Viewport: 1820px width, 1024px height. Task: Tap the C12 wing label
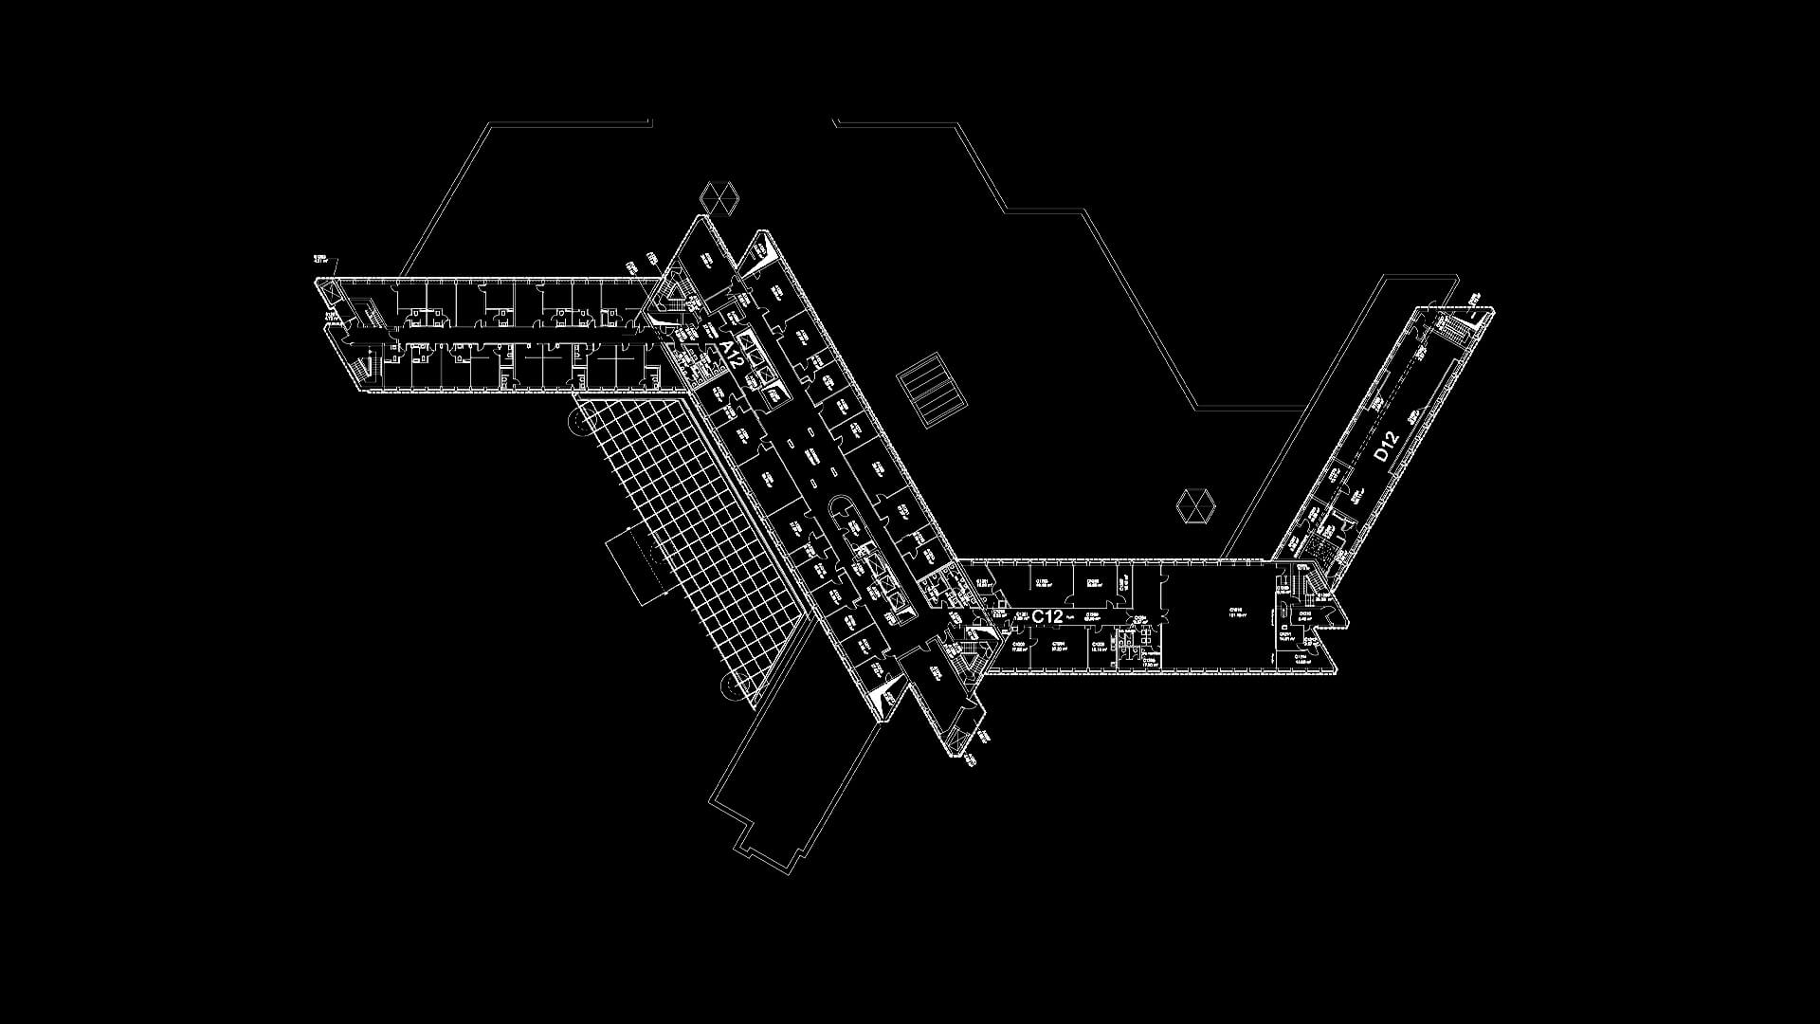pyautogui.click(x=1047, y=616)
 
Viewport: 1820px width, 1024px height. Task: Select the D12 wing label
pyautogui.click(x=1386, y=447)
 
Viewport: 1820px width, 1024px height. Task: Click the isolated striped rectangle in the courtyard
pyautogui.click(x=933, y=391)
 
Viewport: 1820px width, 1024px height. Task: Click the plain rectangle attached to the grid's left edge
pyautogui.click(x=628, y=566)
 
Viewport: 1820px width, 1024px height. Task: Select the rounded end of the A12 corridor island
pyautogui.click(x=840, y=511)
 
